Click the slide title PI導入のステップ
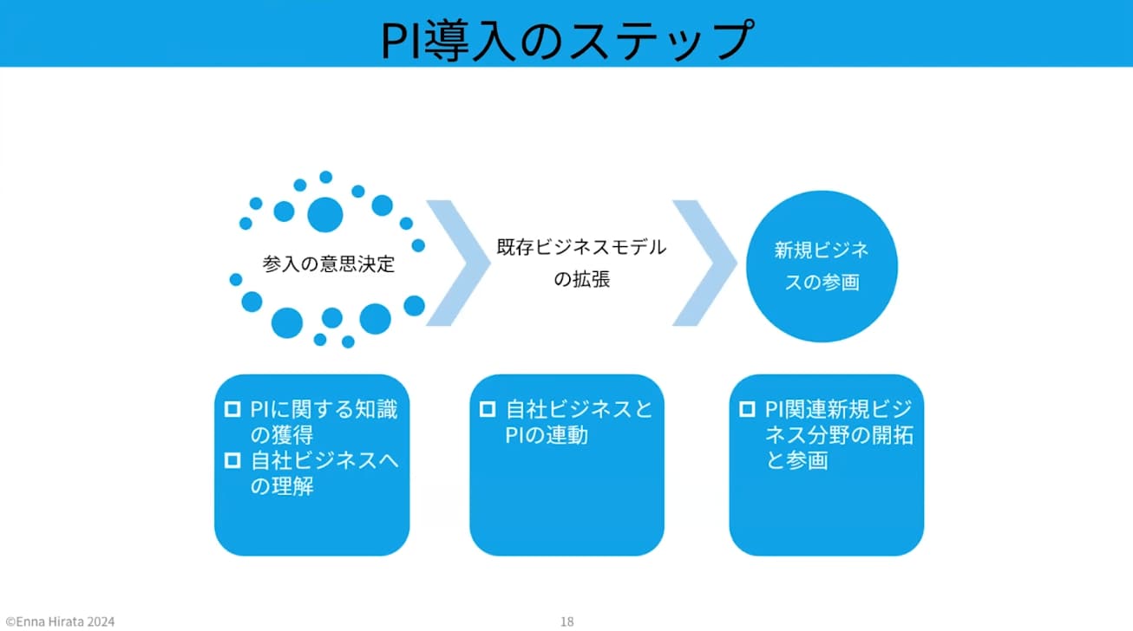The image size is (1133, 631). [x=566, y=40]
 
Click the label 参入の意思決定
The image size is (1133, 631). [x=329, y=264]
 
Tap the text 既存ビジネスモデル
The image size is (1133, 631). [x=581, y=247]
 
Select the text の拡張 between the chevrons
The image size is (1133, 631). [x=581, y=280]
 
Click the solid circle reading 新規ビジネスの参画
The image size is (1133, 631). [x=821, y=266]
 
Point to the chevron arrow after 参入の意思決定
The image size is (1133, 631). [x=456, y=263]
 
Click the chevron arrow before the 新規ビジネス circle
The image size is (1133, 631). [x=704, y=263]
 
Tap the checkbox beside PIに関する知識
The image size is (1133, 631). [x=232, y=409]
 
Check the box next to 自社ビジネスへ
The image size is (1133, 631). [x=232, y=460]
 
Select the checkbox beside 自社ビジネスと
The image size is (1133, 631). [x=488, y=409]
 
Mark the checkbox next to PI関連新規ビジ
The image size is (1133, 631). [x=746, y=409]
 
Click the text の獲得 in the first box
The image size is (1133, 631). [x=281, y=435]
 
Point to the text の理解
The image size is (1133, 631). [x=281, y=486]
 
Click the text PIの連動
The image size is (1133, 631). [x=547, y=435]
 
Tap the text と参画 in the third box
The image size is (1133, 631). [x=796, y=460]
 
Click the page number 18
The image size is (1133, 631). [x=566, y=621]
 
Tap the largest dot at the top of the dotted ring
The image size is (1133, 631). [x=325, y=213]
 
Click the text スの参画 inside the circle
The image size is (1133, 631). [x=821, y=283]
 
